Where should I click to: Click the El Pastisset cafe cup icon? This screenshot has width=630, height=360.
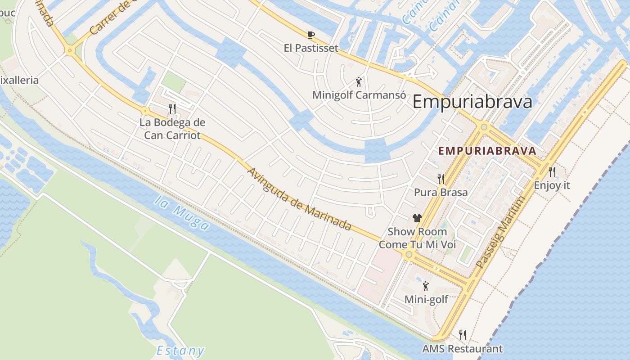click(310, 35)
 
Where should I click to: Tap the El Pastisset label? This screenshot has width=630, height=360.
click(311, 48)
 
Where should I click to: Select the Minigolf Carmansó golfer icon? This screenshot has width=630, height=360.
click(359, 82)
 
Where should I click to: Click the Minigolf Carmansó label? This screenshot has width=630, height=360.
click(359, 95)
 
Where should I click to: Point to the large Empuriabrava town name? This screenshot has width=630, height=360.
click(472, 102)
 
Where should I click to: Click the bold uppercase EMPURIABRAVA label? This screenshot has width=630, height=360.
click(487, 151)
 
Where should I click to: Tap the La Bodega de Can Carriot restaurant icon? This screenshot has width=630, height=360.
click(172, 108)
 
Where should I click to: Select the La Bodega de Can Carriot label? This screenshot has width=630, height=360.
click(172, 128)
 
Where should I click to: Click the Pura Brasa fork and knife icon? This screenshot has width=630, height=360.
click(441, 179)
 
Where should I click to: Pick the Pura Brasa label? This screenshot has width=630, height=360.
click(441, 192)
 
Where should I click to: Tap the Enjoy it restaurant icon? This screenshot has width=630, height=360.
click(552, 171)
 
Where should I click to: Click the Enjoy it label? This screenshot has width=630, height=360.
click(552, 185)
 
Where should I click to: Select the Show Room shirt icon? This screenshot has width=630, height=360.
click(417, 218)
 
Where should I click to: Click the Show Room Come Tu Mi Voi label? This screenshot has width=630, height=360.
click(418, 238)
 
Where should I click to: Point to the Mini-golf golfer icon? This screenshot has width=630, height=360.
click(426, 286)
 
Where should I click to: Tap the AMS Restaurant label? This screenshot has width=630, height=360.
click(462, 348)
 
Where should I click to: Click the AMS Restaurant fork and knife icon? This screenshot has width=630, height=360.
click(462, 335)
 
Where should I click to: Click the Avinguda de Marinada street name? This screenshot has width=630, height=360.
click(299, 199)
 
